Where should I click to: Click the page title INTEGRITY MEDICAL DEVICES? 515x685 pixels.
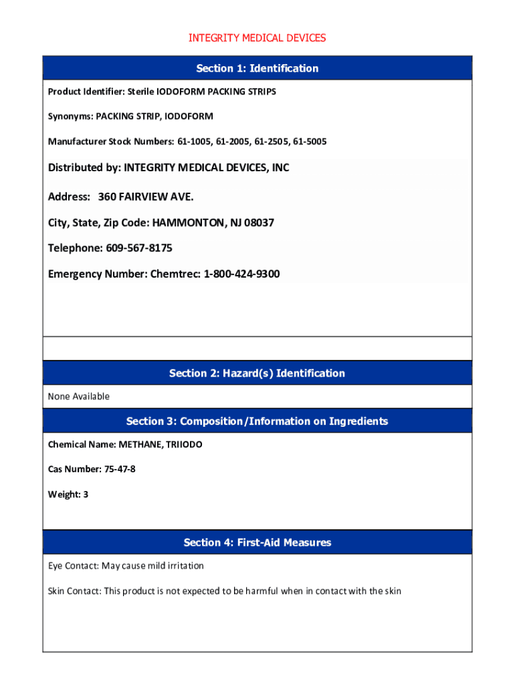click(x=257, y=38)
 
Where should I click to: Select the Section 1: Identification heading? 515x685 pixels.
click(x=257, y=68)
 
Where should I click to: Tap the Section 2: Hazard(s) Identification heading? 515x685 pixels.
click(x=257, y=373)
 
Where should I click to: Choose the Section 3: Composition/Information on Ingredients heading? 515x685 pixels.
click(x=257, y=421)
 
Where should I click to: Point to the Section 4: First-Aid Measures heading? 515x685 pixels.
click(x=257, y=543)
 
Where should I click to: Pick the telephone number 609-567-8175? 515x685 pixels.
click(x=138, y=248)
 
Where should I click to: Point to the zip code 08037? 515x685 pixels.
click(x=259, y=222)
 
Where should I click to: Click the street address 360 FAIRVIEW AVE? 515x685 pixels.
click(x=146, y=197)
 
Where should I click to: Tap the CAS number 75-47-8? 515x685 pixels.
click(x=120, y=470)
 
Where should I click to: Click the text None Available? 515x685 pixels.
click(x=78, y=397)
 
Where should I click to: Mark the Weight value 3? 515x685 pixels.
click(x=86, y=494)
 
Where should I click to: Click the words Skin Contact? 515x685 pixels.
click(x=74, y=591)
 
